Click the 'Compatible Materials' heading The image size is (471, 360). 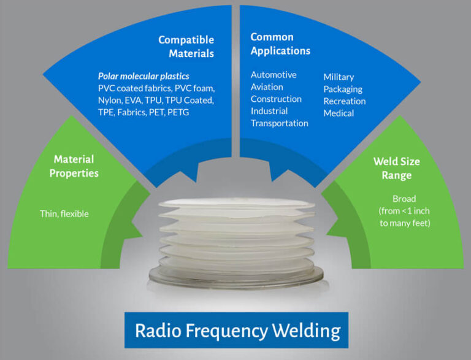click(x=186, y=46)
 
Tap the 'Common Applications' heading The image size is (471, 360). click(x=280, y=44)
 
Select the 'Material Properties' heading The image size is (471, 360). click(x=74, y=166)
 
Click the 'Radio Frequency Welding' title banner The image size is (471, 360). click(x=237, y=331)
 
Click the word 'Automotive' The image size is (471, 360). click(x=274, y=75)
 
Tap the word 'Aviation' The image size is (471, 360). click(x=267, y=87)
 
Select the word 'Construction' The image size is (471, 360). click(x=276, y=99)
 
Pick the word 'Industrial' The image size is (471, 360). click(x=269, y=111)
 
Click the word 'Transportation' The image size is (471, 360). click(x=280, y=123)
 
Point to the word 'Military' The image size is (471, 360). click(x=339, y=77)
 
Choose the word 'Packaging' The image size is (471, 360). click(x=342, y=89)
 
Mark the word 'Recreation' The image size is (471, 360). click(x=344, y=101)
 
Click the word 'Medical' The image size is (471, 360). click(x=339, y=113)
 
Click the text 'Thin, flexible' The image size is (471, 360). click(x=64, y=214)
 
